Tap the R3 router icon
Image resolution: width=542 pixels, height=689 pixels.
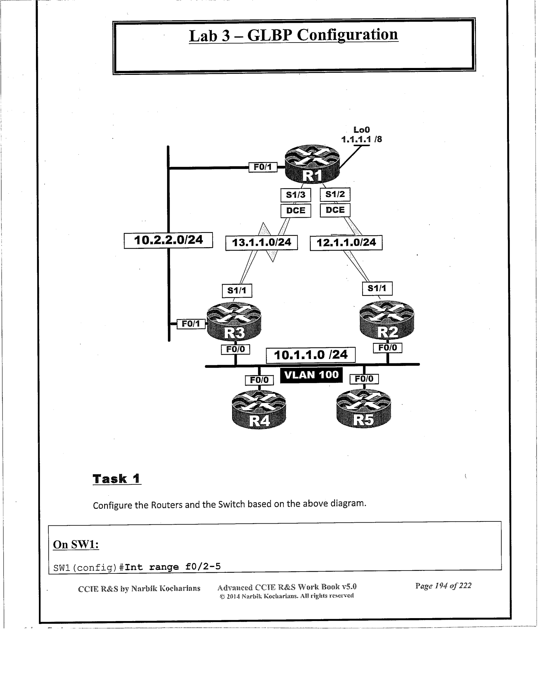pyautogui.click(x=234, y=321)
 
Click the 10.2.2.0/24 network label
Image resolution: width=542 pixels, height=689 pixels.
pyautogui.click(x=168, y=240)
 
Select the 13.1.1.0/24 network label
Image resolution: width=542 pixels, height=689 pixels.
pyautogui.click(x=262, y=243)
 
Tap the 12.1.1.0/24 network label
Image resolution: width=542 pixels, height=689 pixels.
pyautogui.click(x=346, y=243)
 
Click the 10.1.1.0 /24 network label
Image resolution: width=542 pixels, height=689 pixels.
pyautogui.click(x=311, y=355)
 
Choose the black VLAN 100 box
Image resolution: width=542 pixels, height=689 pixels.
pyautogui.click(x=311, y=375)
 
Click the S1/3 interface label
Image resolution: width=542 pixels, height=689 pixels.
pyautogui.click(x=296, y=195)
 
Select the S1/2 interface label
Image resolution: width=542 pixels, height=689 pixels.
pyautogui.click(x=335, y=194)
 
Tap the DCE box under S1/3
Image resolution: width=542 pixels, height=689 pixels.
pyautogui.click(x=296, y=210)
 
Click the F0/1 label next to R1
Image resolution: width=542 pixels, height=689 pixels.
pyautogui.click(x=263, y=167)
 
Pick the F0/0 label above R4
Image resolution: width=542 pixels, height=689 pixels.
pyautogui.click(x=259, y=380)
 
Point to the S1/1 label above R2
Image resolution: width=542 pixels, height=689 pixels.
pyautogui.click(x=377, y=289)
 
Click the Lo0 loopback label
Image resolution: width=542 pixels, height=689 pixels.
pyautogui.click(x=361, y=130)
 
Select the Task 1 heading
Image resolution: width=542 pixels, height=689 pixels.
pyautogui.click(x=117, y=479)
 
